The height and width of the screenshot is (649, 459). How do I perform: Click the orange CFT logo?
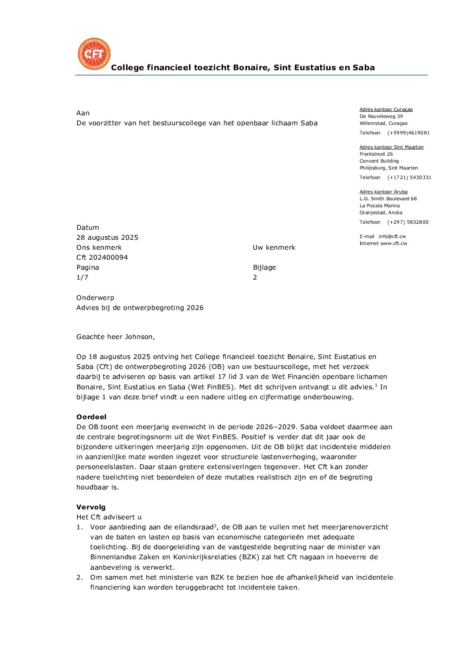point(94,54)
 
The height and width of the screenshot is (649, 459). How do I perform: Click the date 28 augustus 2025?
point(107,238)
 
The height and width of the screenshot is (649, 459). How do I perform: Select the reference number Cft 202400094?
point(102,258)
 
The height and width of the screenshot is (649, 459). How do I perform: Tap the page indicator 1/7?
point(82,277)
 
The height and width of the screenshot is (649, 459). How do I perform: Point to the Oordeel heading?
point(91,417)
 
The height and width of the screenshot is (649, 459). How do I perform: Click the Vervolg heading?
point(91,507)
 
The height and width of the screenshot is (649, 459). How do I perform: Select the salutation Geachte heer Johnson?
point(115,337)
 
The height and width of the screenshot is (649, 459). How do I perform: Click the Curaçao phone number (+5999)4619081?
point(408,133)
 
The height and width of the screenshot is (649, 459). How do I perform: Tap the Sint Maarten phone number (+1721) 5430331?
point(409,178)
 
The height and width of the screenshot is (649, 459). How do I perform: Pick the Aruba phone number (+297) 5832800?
point(408,222)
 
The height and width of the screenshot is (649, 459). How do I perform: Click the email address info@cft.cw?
point(392,237)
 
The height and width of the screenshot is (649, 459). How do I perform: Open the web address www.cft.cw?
point(393,244)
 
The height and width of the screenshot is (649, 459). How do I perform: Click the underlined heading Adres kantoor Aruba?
point(384,192)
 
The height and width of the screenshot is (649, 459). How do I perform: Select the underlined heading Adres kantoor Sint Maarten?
point(391,147)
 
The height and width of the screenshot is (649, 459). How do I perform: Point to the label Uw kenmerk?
point(274,248)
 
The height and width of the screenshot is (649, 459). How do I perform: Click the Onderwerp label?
point(95,298)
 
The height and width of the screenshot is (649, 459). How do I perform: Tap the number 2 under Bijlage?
point(255,277)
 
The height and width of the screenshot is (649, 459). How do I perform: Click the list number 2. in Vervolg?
point(79,577)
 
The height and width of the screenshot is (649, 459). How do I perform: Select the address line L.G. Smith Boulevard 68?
point(388,199)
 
